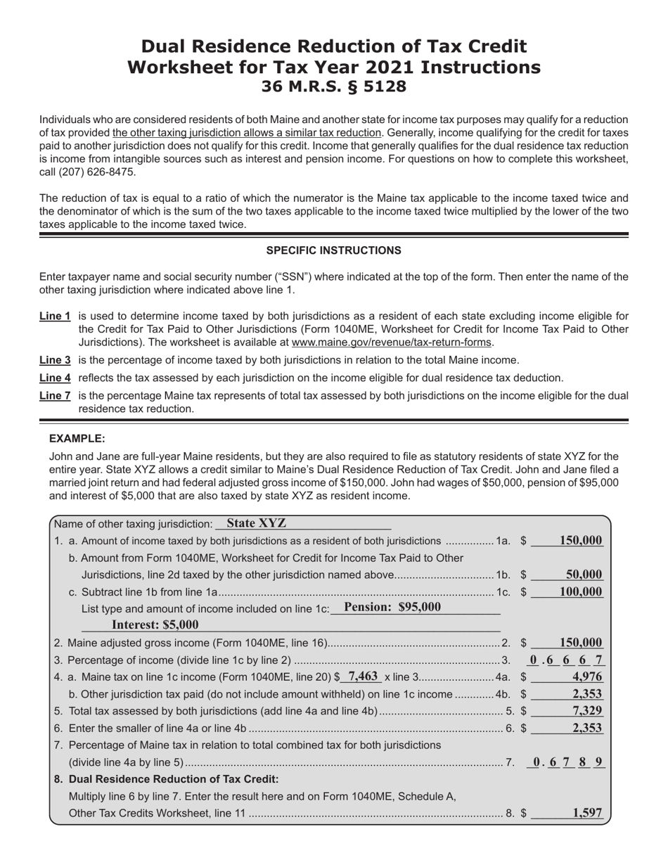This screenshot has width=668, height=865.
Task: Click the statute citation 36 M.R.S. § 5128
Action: [333, 87]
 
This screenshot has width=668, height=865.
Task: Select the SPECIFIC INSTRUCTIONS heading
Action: [333, 250]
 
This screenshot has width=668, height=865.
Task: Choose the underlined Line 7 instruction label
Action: [55, 396]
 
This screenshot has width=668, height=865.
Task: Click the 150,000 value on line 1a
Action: [581, 540]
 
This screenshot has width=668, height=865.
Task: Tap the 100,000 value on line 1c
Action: [581, 591]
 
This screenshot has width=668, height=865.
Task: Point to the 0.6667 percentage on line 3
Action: [567, 660]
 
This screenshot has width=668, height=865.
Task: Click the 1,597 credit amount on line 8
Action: [586, 813]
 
